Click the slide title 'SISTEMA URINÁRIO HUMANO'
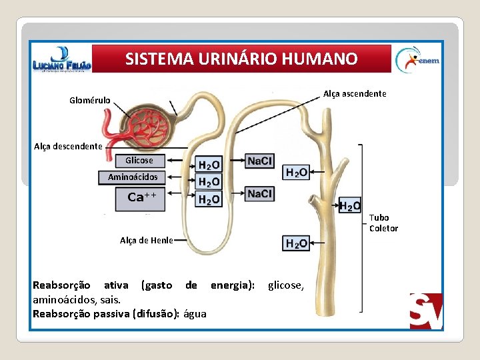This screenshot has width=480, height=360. click(x=241, y=59)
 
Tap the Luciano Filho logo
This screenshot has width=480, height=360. click(x=61, y=59)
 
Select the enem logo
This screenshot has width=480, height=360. click(x=417, y=59)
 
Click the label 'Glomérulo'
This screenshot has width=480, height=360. click(x=90, y=101)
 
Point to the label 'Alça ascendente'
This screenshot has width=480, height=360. click(x=355, y=93)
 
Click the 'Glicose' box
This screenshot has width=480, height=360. click(x=139, y=160)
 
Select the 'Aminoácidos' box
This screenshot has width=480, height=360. click(x=133, y=177)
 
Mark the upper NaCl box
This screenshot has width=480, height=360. click(x=259, y=161)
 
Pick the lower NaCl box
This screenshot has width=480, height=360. click(x=259, y=193)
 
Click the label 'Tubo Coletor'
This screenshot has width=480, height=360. click(x=383, y=223)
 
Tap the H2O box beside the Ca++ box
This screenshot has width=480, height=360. click(x=209, y=199)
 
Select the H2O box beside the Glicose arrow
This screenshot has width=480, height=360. click(x=209, y=165)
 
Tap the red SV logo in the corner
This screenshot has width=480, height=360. click(x=426, y=311)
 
